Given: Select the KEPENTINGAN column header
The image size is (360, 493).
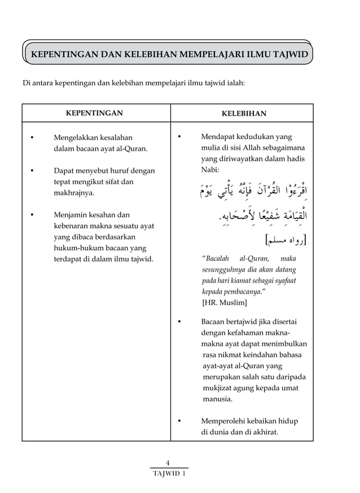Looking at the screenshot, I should [x=95, y=113].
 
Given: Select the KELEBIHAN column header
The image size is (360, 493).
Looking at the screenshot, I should [x=244, y=114].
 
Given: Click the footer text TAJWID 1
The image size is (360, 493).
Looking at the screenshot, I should [x=169, y=473].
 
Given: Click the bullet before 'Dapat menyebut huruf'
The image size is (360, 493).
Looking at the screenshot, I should [x=32, y=171].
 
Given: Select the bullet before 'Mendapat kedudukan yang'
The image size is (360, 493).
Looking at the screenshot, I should [x=179, y=137].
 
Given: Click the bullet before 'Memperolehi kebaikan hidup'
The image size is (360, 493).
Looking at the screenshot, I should [x=179, y=421].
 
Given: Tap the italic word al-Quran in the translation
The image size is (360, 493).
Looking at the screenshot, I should [x=255, y=258].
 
